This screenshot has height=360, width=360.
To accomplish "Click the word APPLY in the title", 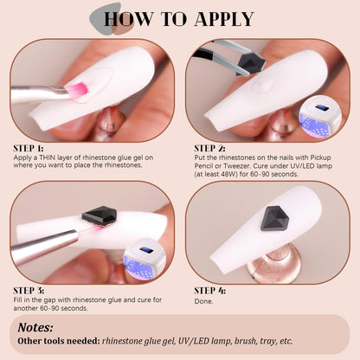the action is [x=224, y=19].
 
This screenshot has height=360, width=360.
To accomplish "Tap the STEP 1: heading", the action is [x=29, y=148].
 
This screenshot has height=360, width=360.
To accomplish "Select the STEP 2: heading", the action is [x=209, y=148].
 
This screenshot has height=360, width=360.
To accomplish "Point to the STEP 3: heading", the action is [x=29, y=291].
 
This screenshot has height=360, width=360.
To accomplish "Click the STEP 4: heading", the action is [x=209, y=291].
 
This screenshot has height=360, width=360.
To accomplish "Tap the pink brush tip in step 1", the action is [x=77, y=89].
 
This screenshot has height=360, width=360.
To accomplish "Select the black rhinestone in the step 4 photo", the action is [x=274, y=218].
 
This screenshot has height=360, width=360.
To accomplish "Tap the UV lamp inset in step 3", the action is [x=145, y=260].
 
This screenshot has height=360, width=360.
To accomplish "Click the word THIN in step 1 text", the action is [x=48, y=157].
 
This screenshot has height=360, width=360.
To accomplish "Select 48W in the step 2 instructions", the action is [x=224, y=174].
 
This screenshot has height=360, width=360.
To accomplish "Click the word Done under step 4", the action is [x=203, y=301].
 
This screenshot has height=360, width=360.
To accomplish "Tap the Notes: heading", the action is [x=35, y=327].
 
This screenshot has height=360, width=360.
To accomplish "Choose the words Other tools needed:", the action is [x=59, y=341].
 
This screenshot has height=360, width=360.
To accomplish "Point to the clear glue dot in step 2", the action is [x=262, y=85].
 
